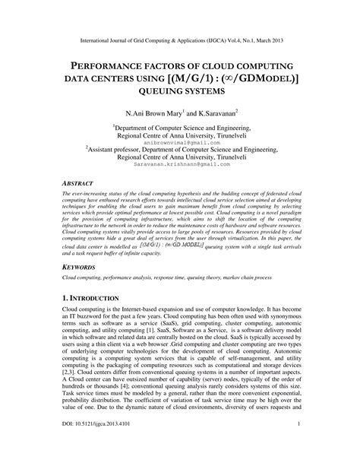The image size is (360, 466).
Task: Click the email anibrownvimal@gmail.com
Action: (179, 121)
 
